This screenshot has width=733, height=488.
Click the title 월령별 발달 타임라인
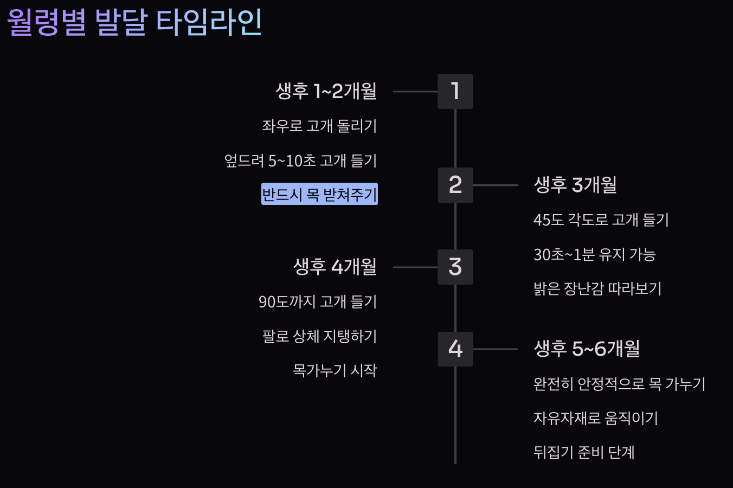134,23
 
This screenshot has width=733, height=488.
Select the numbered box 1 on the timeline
455,91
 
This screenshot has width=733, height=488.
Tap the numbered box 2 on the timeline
455,185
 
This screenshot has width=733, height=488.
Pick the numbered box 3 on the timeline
455,267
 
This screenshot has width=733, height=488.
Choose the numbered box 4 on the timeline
455,349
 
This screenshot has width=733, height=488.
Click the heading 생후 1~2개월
326,91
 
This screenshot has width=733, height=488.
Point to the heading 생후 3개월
575,185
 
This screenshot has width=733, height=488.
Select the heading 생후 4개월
335,267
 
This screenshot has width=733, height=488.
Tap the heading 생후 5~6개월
587,349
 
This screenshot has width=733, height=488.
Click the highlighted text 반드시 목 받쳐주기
319,194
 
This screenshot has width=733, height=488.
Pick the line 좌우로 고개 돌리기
319,126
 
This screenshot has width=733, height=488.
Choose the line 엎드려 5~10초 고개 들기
300,160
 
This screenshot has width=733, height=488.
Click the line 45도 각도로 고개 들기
601,220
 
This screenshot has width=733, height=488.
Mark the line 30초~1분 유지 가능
595,254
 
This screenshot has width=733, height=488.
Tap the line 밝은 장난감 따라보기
597,288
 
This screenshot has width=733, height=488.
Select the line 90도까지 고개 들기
318,301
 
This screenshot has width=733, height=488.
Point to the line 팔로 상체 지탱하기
319,336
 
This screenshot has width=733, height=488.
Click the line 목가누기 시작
335,370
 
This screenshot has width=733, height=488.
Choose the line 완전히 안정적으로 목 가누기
620,384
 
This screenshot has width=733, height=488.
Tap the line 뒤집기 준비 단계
584,452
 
